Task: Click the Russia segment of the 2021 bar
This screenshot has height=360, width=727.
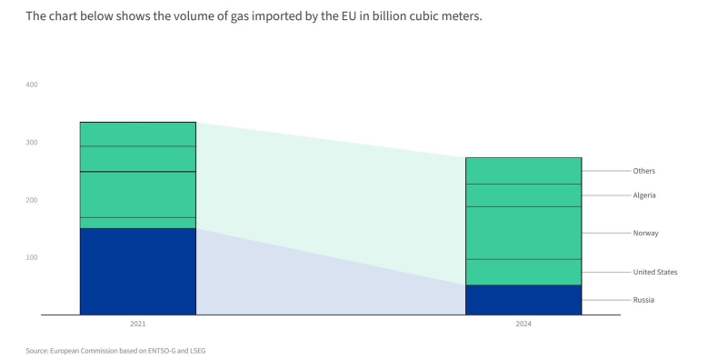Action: (x=137, y=271)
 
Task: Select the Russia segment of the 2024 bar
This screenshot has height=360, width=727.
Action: (x=523, y=299)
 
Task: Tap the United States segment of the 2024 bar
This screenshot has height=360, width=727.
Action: (x=523, y=272)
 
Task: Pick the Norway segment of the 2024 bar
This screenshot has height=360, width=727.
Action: (x=523, y=233)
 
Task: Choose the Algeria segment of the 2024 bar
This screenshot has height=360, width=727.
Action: (x=523, y=195)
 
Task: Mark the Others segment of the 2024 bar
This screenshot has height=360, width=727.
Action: (x=523, y=171)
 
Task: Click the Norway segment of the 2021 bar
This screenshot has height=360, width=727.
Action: (x=137, y=194)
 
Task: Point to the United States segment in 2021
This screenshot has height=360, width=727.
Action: (x=137, y=223)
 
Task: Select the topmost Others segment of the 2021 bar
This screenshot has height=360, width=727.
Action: (x=137, y=134)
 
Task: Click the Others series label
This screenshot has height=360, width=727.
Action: (x=643, y=171)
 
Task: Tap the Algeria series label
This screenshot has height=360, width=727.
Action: (x=644, y=195)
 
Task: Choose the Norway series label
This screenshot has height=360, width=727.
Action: (x=645, y=234)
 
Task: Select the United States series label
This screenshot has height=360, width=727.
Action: (x=654, y=272)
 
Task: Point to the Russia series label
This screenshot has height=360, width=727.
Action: (x=643, y=300)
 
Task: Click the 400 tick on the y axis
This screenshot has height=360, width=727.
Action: (x=32, y=85)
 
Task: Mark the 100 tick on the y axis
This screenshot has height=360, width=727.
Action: (x=32, y=257)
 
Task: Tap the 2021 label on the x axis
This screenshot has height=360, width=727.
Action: (x=137, y=324)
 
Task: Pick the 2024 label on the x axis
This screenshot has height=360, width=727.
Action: (x=523, y=324)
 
